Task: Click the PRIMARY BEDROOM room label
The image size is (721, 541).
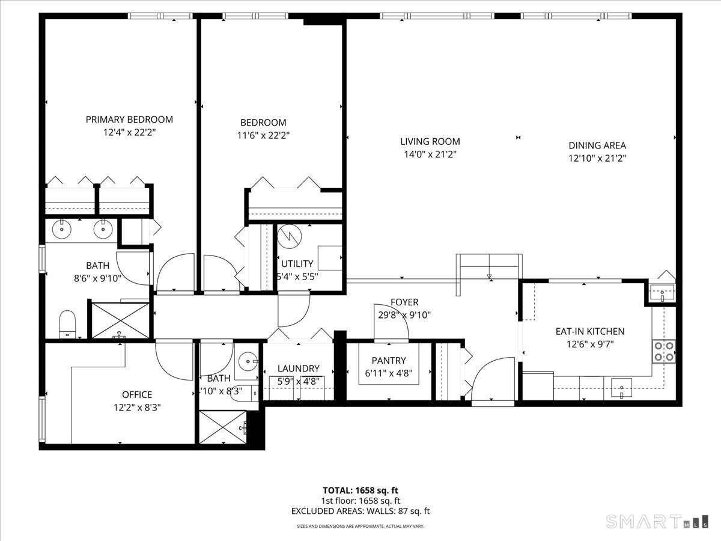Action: pos(129,120)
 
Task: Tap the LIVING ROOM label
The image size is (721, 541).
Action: pos(430,142)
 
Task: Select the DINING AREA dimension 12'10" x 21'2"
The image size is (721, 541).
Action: pos(597,158)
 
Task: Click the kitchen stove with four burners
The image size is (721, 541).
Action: pos(663,351)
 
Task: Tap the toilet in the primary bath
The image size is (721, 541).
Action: pos(67,325)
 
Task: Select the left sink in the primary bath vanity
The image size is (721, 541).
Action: pos(61,228)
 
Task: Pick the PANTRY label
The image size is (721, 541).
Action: pos(389,361)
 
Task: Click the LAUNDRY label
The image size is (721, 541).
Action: pos(298,368)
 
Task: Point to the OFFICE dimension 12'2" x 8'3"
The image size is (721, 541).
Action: pos(137,407)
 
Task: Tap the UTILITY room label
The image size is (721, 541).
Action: pos(297,264)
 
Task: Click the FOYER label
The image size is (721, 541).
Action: pos(404,302)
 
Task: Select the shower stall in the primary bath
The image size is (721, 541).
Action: pos(119,320)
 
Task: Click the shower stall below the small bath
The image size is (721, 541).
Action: pos(223,427)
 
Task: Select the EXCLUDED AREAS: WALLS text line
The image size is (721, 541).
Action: pos(360,512)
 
